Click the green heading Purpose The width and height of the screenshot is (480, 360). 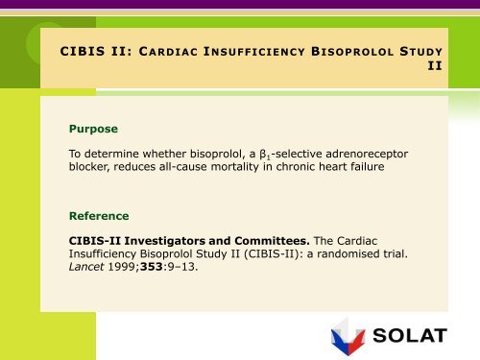point(93,128)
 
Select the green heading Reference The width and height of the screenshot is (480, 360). point(99,216)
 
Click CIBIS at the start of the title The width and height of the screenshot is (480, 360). point(83,51)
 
